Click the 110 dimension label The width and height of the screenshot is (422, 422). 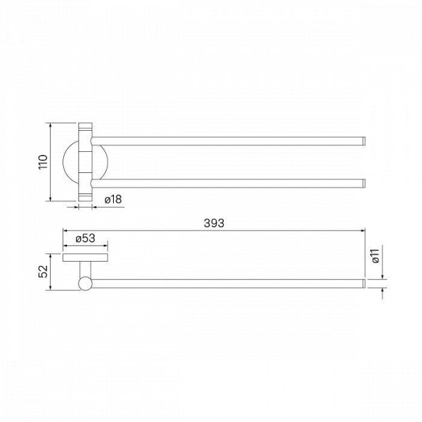point(43,162)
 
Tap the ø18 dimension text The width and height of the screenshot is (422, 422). point(113,200)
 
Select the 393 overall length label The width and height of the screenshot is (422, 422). point(214,223)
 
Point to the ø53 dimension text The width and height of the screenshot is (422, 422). point(85,238)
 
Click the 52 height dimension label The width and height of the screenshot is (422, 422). point(43,271)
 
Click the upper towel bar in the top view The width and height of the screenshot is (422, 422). point(228,141)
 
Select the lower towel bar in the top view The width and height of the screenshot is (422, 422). point(228,184)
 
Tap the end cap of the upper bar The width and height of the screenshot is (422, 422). point(364,141)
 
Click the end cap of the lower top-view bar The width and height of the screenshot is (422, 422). point(364,184)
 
